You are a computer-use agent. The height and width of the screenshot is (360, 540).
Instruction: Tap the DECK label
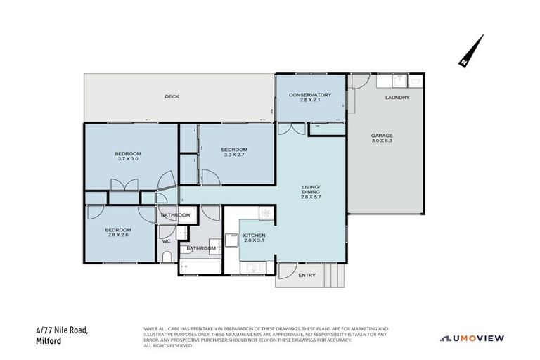[x=172, y=96]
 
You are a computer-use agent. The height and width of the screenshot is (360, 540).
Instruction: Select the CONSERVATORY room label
[x=310, y=94]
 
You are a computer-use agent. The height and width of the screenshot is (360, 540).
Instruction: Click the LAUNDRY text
[x=397, y=97]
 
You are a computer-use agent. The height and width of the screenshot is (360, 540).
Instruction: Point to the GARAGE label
[x=382, y=135]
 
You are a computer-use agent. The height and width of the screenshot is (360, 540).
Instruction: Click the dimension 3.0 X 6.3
[x=382, y=141]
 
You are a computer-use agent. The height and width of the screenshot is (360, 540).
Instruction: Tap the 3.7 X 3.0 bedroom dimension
[x=129, y=159]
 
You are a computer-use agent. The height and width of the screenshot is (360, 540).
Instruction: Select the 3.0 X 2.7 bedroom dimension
[x=233, y=155]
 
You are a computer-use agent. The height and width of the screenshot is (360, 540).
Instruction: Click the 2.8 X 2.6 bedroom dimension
[x=118, y=235]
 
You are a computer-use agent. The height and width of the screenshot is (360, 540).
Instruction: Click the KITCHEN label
[x=255, y=235]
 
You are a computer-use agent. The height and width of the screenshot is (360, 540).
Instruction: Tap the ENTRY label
[x=307, y=275]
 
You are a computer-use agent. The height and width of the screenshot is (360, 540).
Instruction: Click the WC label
[x=166, y=241]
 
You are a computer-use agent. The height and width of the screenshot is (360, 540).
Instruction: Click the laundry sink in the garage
[x=414, y=81]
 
